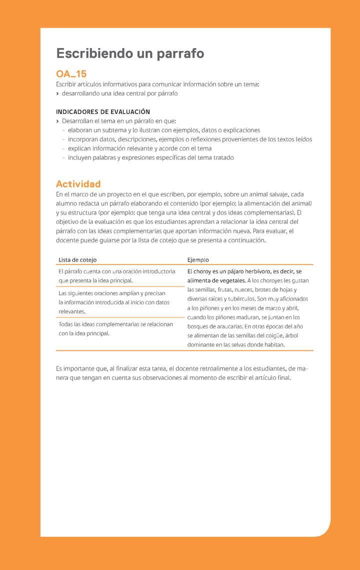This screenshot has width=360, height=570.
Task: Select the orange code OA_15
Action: click(71, 74)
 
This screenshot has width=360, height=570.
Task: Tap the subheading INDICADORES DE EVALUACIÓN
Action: click(103, 111)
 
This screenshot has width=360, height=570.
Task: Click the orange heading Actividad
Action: click(78, 183)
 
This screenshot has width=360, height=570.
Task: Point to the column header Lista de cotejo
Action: click(77, 260)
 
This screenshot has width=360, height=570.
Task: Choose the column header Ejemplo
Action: click(198, 260)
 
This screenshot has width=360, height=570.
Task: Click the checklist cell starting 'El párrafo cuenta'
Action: click(117, 276)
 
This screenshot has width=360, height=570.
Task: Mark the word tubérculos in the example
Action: click(239, 299)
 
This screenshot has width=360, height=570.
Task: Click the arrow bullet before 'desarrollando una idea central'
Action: click(57, 93)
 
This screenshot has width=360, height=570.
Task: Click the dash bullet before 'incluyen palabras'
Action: click(63, 158)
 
